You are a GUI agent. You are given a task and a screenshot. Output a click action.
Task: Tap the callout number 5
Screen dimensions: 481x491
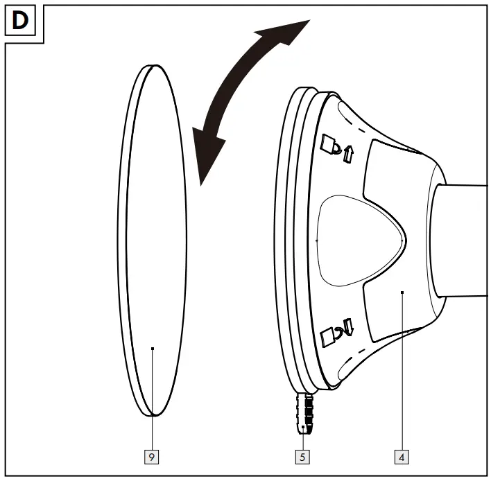coord(303,457)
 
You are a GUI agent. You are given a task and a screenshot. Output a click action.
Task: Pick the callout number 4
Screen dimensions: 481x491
coord(402,457)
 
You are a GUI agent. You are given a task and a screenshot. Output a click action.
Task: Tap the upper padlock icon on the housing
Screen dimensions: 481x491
coord(329,146)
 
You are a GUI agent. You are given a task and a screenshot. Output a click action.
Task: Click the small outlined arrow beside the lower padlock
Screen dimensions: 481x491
coord(348,326)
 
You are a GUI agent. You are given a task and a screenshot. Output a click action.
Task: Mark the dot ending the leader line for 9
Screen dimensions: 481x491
coord(153,349)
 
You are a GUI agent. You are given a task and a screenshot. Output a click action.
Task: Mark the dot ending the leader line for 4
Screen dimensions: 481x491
coord(402,293)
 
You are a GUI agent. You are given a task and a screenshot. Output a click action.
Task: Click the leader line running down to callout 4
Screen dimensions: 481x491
coord(402,374)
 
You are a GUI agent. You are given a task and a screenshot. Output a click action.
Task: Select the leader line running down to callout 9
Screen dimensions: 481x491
coord(153,402)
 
